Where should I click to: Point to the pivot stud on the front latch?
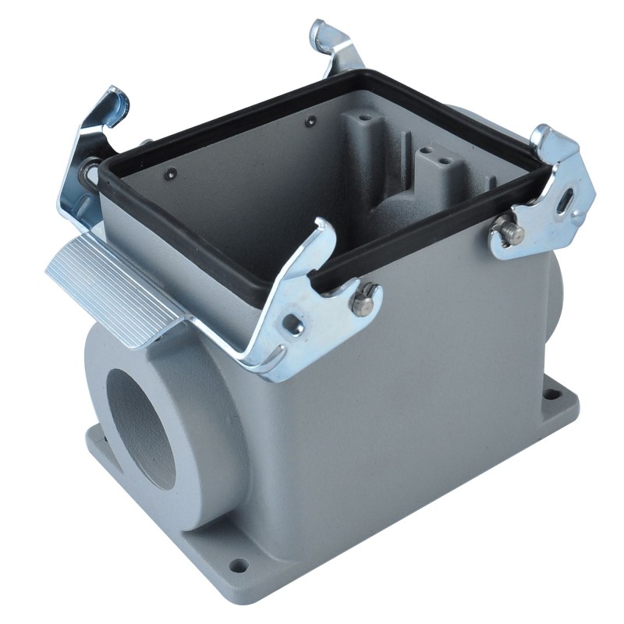point(363,303)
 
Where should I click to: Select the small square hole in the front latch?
point(295,326)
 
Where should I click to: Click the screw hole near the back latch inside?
point(310,121)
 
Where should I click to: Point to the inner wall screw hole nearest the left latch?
point(171,173)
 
